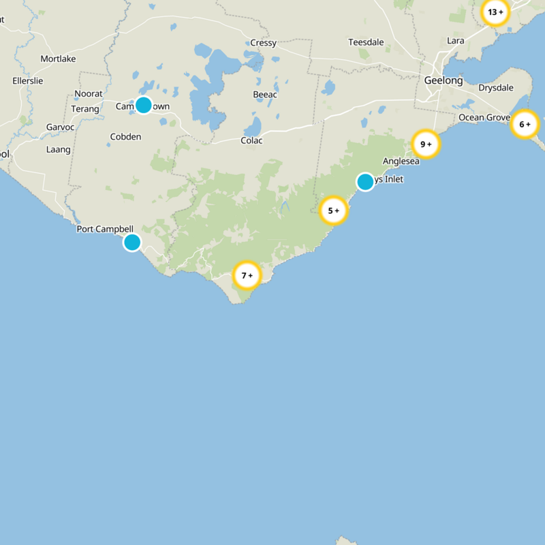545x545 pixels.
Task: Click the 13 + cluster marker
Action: coord(495,12)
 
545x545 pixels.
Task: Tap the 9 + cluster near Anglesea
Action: coord(426,144)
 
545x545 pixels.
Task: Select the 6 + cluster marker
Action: coord(525,124)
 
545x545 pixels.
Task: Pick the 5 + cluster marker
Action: coord(334,211)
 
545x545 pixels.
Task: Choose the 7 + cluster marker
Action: coord(247,275)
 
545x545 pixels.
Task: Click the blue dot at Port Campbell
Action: coord(132,242)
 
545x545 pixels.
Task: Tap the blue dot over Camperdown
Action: coord(143,104)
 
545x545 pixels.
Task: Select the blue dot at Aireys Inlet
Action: coord(365,182)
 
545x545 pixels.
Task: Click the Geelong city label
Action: coord(443,80)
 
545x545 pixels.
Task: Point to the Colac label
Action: coord(251,141)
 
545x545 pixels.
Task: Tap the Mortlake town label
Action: coord(58,59)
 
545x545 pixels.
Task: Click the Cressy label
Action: coord(263,43)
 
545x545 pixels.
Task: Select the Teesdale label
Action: coord(367,42)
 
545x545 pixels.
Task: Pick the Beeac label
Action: coord(265,95)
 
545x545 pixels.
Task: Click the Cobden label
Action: coord(125,137)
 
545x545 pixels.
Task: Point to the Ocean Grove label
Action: coord(484,118)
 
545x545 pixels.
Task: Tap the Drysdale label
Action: coord(495,88)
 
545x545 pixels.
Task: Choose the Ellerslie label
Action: coord(28,81)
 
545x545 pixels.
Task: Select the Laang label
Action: coord(58,149)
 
